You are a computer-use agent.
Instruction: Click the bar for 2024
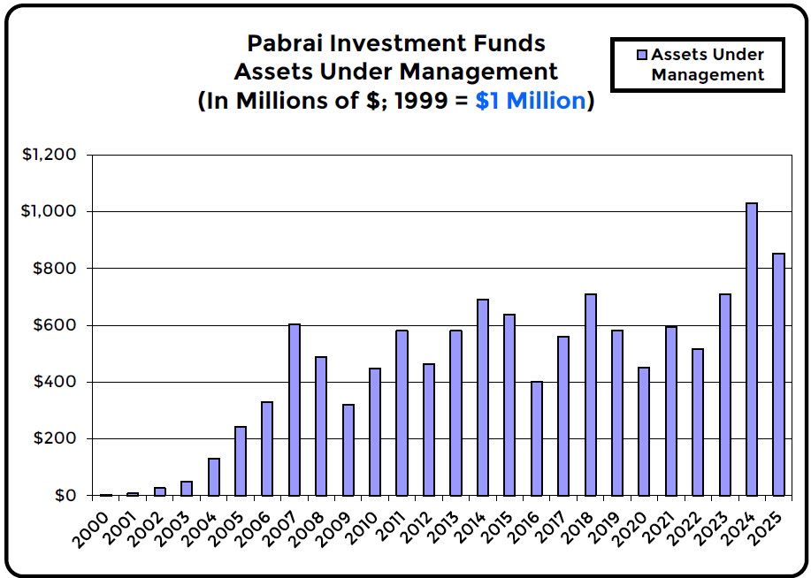(x=751, y=349)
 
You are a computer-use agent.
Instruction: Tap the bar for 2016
(x=536, y=438)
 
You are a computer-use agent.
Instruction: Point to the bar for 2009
(x=348, y=450)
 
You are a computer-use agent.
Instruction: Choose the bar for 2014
(x=483, y=397)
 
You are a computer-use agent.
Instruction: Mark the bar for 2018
(x=590, y=394)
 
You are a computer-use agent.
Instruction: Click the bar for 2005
(x=241, y=460)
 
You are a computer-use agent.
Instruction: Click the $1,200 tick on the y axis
(x=51, y=155)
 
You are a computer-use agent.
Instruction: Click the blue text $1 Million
(x=531, y=101)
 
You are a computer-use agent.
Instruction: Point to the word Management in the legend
(x=708, y=75)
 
